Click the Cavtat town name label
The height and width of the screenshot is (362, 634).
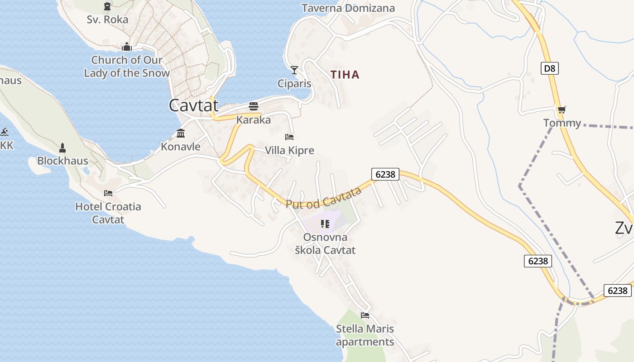193,105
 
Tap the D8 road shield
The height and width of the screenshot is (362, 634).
549,69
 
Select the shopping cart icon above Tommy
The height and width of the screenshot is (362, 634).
562,110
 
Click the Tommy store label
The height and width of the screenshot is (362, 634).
562,123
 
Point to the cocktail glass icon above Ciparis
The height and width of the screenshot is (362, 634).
294,70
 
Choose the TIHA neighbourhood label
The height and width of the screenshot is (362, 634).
345,75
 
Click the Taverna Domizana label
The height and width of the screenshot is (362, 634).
348,8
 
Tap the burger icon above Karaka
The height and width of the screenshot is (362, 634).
254,106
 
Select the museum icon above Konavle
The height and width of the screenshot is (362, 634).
181,133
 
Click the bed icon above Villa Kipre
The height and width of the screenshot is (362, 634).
289,137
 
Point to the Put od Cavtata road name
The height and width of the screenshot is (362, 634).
324,198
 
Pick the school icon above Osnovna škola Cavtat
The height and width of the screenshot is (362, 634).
325,224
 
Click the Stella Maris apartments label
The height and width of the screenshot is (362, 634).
365,335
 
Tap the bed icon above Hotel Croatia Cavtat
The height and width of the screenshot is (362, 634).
108,193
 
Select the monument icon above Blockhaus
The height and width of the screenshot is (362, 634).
62,148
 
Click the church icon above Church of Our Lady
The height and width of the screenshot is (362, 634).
126,47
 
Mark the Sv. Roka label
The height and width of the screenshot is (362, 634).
107,19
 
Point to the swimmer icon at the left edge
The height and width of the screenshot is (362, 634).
4,132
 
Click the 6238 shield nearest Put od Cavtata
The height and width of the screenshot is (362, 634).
385,174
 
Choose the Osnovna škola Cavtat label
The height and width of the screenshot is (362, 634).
325,243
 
